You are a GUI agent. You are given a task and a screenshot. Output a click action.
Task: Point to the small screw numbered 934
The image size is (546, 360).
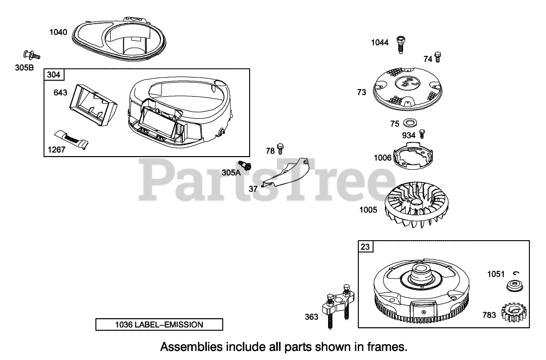pos(423,134)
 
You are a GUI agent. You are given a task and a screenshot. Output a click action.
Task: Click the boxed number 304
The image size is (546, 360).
pos(53,75)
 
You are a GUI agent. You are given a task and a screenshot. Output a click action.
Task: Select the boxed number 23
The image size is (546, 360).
pos(364,247)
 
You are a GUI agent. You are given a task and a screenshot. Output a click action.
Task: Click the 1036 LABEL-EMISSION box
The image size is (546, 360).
pos(159,325)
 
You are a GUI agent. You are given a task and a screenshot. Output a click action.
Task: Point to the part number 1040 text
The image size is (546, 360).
pos(57,32)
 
